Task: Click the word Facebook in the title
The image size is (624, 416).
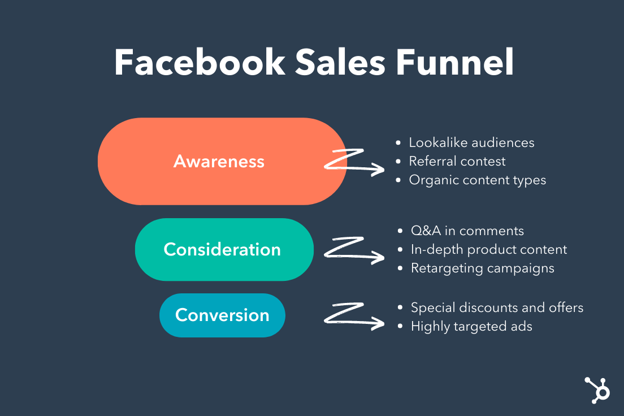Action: (200, 63)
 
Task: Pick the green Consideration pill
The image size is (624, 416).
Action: (224, 249)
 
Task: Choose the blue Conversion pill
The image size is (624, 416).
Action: (222, 315)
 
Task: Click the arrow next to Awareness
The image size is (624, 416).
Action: (355, 162)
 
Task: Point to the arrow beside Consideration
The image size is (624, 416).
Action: (355, 250)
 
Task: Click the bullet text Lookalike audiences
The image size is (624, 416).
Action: (471, 142)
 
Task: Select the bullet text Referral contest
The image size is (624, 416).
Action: (457, 161)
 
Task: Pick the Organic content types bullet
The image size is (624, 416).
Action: (478, 180)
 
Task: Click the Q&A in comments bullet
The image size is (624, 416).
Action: (467, 231)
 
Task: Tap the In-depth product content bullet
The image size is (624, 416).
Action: (489, 249)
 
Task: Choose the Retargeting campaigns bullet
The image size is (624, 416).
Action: (482, 268)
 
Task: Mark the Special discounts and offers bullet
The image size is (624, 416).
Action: (497, 307)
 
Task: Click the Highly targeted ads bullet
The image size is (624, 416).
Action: (471, 326)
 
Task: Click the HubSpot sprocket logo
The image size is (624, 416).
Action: (596, 389)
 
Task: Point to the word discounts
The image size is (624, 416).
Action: (491, 307)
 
